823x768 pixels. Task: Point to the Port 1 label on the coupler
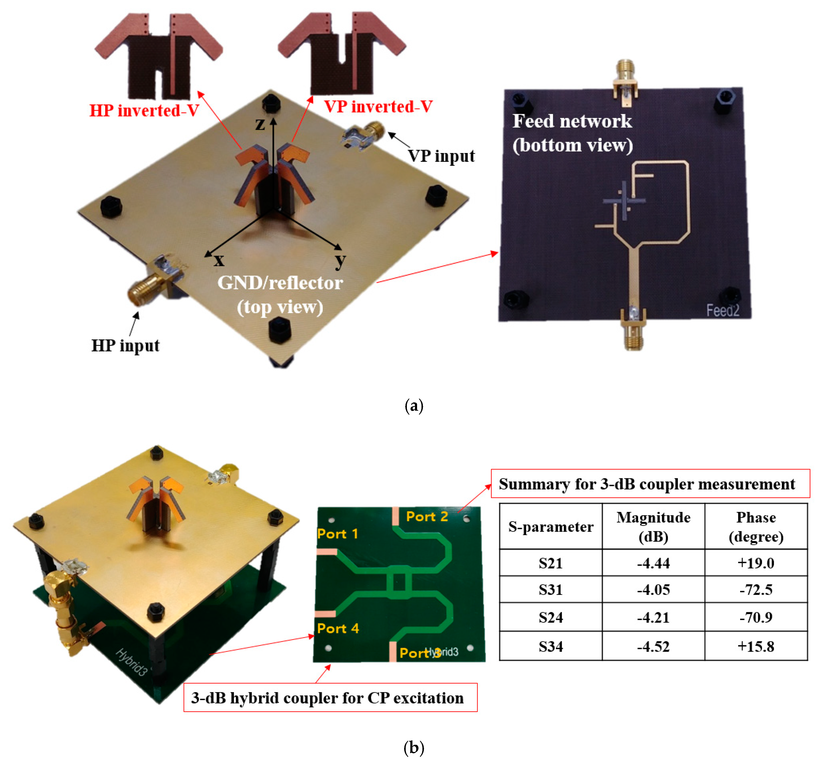[x=337, y=534]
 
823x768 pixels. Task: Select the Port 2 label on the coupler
[x=427, y=516]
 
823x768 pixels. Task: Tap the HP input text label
[x=125, y=345]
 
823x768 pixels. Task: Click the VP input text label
[x=441, y=156]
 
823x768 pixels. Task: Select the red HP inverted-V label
[x=144, y=111]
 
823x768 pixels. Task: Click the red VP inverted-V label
[x=378, y=106]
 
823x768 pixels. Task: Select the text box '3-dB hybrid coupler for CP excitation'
[x=330, y=698]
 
